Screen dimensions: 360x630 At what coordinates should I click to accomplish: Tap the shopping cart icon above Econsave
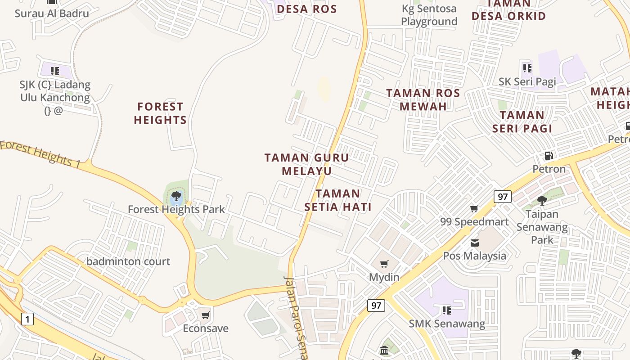206,315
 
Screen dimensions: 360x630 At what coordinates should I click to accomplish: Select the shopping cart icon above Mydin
384,264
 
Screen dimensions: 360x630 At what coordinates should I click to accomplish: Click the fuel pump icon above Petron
549,156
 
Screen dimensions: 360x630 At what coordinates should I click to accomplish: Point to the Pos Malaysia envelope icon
475,243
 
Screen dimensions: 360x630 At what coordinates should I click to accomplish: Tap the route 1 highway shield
27,319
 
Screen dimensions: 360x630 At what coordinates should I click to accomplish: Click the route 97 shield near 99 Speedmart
503,196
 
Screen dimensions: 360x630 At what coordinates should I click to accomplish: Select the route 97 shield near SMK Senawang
376,306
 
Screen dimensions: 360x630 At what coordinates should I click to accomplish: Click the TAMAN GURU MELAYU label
306,164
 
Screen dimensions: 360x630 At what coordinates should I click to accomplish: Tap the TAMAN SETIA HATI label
338,200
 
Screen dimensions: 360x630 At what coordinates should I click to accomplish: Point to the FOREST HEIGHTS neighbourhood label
160,113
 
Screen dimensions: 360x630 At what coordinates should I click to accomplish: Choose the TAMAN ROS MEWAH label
423,100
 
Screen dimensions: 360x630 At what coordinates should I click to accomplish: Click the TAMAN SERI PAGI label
522,121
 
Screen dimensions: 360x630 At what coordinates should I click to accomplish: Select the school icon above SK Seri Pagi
527,68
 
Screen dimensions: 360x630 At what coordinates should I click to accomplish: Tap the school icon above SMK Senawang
446,310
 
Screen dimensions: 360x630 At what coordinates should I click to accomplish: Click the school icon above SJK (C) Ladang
55,71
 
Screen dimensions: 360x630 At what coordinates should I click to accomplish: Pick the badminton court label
128,261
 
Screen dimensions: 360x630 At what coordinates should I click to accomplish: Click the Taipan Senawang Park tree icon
542,200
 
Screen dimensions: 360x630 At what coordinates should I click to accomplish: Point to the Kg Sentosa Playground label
429,15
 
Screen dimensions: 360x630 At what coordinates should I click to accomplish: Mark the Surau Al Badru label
52,13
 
